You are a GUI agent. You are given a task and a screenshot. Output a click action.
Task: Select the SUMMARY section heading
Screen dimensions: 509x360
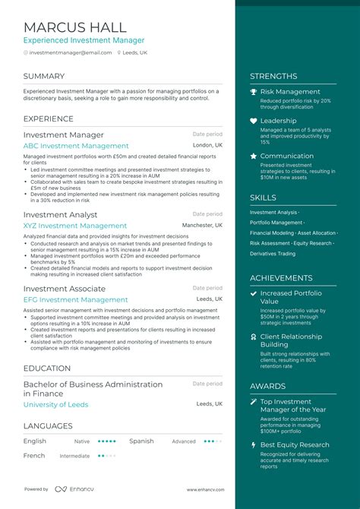pos(44,76)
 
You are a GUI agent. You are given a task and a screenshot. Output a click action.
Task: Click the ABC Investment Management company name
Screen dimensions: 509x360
pos(76,146)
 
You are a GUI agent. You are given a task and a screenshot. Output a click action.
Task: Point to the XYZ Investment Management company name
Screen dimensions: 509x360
pos(74,226)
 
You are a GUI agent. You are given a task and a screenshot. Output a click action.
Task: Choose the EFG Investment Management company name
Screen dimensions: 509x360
pos(75,300)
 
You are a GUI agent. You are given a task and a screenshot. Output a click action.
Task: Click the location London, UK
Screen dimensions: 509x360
pos(207,145)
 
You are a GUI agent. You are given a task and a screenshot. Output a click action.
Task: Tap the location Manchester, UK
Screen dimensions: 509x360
pos(202,226)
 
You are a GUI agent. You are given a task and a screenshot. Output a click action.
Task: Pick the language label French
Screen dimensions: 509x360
pos(34,456)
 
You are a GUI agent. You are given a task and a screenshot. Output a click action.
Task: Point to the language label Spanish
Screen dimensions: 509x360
pos(141,441)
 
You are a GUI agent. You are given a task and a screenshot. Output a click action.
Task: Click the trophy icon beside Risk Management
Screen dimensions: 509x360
pos(254,92)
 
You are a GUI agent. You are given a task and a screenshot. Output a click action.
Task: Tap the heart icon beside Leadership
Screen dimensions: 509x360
pos(254,121)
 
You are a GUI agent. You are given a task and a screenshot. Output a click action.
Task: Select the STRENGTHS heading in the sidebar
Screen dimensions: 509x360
pos(273,76)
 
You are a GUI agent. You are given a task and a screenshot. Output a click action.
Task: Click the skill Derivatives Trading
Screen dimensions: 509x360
pos(273,254)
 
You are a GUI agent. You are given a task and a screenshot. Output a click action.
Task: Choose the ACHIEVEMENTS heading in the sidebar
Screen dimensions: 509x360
pos(281,278)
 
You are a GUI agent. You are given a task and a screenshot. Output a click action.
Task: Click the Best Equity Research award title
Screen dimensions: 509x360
pos(295,444)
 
